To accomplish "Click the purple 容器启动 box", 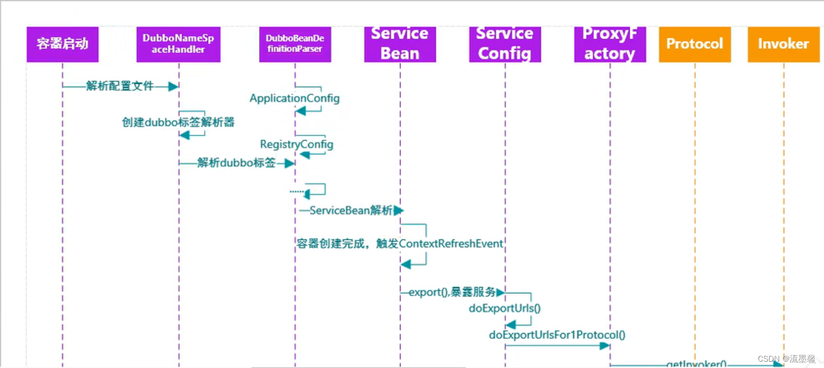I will point(62,44).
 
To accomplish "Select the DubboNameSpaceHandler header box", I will point(178,44).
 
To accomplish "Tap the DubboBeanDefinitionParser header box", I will point(295,44).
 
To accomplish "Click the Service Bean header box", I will point(400,44).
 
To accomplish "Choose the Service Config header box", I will point(505,44).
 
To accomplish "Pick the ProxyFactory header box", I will point(610,44).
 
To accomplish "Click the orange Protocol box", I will point(694,44).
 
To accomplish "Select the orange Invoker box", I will point(783,44).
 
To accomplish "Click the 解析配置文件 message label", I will point(120,86).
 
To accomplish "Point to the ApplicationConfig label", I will point(294,98).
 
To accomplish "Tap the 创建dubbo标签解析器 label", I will point(178,122).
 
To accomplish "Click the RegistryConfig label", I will point(297,144).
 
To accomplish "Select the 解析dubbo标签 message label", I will point(236,163).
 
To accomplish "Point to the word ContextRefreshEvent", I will point(451,243).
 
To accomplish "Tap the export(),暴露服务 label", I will point(452,292).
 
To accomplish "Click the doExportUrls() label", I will point(505,308).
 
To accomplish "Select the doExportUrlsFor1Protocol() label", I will point(557,335).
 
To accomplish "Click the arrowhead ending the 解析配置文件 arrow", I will point(173,86).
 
